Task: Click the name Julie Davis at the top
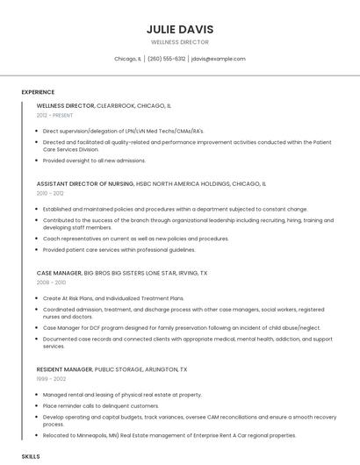click(180, 29)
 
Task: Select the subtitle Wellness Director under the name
click(180, 42)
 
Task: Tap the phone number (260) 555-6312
click(166, 59)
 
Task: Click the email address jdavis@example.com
click(219, 59)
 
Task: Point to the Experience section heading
click(38, 91)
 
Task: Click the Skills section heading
click(31, 456)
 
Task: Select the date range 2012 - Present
click(54, 115)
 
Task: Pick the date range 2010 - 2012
click(50, 193)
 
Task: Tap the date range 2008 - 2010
click(51, 283)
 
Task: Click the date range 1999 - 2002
click(50, 379)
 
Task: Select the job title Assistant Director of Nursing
click(85, 184)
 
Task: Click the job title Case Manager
click(58, 273)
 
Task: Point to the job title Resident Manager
click(64, 369)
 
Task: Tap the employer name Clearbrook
click(116, 105)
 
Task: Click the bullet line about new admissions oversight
click(95, 161)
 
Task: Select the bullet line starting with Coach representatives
click(135, 239)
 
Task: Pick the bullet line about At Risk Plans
click(113, 298)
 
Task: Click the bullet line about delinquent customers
click(101, 405)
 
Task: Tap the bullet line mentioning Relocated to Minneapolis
click(169, 435)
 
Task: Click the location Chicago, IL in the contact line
click(127, 59)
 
